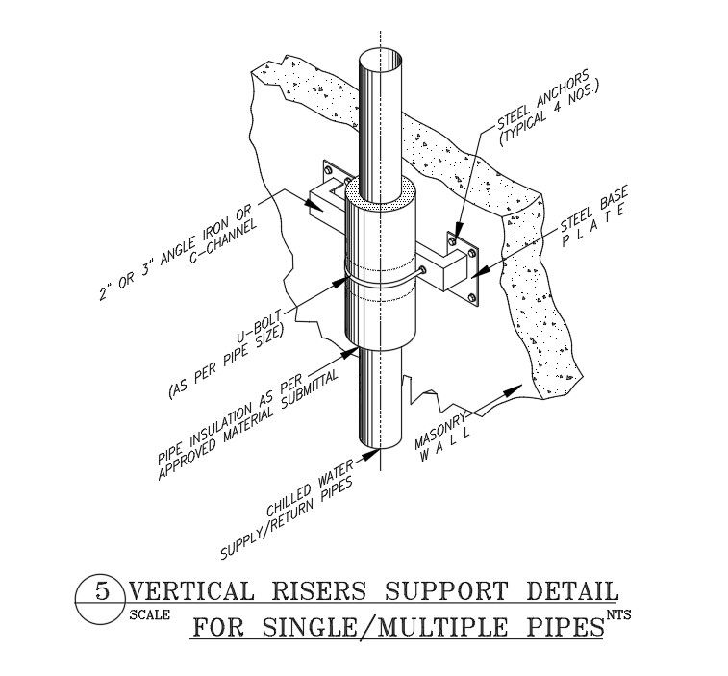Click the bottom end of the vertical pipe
coord(382,444)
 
